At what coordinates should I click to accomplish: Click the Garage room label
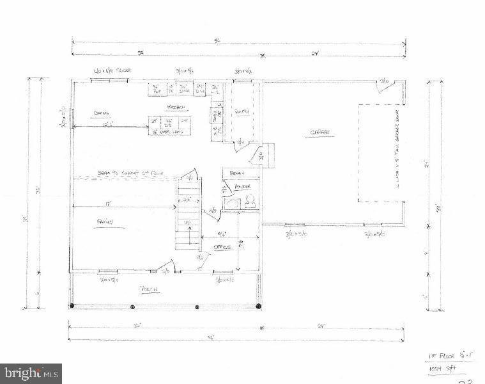[320, 132]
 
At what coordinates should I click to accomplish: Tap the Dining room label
[102, 113]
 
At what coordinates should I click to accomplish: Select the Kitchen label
[176, 107]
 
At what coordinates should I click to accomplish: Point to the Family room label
[105, 222]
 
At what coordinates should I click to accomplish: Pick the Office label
[222, 246]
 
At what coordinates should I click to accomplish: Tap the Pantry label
[242, 111]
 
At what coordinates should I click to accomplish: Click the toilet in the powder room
[249, 202]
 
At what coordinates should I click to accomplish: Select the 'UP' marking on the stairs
[188, 222]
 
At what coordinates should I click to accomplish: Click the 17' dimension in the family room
[109, 204]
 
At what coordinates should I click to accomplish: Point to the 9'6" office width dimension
[220, 234]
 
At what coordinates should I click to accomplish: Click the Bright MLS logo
[31, 372]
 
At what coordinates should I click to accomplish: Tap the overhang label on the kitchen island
[170, 132]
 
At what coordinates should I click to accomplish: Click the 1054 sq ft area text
[440, 369]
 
